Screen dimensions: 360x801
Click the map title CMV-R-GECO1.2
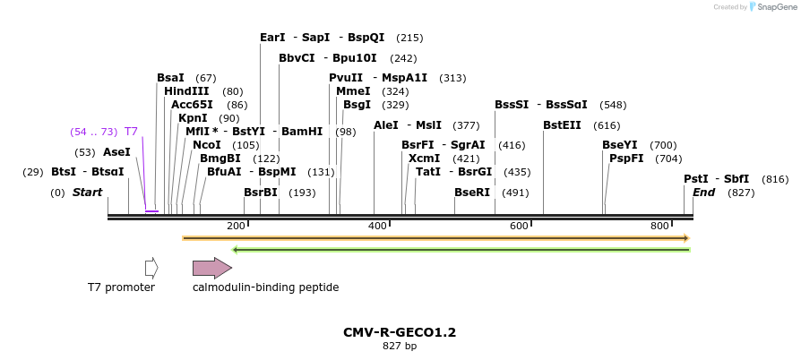[400, 332]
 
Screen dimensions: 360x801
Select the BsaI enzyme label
[170, 78]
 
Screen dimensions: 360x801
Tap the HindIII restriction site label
[186, 91]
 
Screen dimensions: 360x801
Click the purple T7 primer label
[131, 132]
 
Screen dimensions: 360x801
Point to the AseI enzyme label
[116, 152]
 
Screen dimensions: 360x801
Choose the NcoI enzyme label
[206, 145]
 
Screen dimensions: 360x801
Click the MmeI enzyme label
[353, 91]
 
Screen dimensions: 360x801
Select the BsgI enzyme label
[357, 105]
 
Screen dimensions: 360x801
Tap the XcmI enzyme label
[424, 159]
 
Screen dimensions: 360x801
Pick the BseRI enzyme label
[472, 193]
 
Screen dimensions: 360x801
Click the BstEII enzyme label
[562, 125]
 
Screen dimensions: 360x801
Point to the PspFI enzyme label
[626, 159]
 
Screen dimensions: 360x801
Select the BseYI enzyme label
[620, 145]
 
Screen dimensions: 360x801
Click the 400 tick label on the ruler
[377, 226]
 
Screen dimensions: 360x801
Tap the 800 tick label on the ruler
[660, 226]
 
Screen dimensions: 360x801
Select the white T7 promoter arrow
[151, 268]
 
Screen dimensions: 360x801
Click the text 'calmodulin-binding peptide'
[265, 287]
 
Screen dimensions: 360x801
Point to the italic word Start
[87, 193]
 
